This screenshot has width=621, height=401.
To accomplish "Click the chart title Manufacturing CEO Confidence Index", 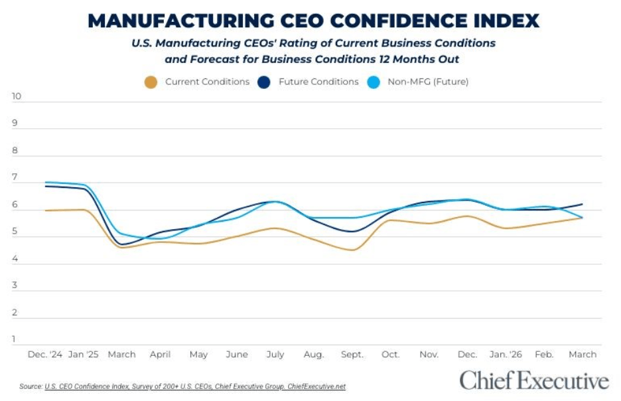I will pos(313,21).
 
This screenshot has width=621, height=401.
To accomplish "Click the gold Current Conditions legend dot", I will pos(151,83).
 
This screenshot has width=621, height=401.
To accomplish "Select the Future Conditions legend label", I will pos(318,82).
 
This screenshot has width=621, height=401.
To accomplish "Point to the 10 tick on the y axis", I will pos(17,96).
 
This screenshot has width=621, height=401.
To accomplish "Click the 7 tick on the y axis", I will pos(14,178).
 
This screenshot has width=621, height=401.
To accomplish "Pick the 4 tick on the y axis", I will pos(14,259).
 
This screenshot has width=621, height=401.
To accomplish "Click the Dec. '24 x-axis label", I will pos(44,355).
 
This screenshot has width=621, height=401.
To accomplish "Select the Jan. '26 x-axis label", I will pos(506,355).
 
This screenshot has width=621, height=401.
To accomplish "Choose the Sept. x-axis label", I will pos(352,355).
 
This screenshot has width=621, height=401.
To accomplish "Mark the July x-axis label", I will pos(275,355).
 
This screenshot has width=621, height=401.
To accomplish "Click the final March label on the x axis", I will pos(583,355).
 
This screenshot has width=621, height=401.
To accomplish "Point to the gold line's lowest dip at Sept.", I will pos(352,250).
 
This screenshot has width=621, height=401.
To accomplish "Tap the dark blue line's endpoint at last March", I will pos(583,204).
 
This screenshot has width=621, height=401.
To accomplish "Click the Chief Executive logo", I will pos(533,381).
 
